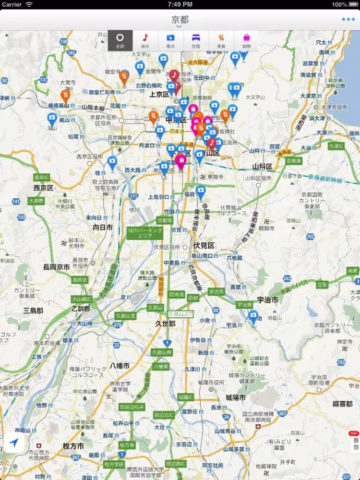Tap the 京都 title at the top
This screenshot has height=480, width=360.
(180, 20)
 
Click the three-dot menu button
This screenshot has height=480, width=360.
(348, 20)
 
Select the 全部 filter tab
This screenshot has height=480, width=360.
(120, 40)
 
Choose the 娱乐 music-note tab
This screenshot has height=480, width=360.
(145, 40)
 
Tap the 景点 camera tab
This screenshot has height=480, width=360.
(170, 40)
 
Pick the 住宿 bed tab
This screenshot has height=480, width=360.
(196, 40)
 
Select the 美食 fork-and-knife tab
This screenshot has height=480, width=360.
(221, 40)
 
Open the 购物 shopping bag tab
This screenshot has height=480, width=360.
(246, 40)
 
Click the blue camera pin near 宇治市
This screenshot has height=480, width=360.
(253, 316)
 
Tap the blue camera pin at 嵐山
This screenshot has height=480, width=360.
(52, 119)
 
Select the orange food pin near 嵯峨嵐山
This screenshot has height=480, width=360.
(66, 95)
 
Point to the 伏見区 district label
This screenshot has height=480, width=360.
(204, 245)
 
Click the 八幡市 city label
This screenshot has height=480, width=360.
(120, 366)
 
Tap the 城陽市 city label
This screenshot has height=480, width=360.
(236, 398)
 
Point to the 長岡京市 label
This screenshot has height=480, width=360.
(56, 267)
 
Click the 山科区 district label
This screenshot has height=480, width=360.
(262, 167)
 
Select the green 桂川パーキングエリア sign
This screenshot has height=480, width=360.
(145, 233)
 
